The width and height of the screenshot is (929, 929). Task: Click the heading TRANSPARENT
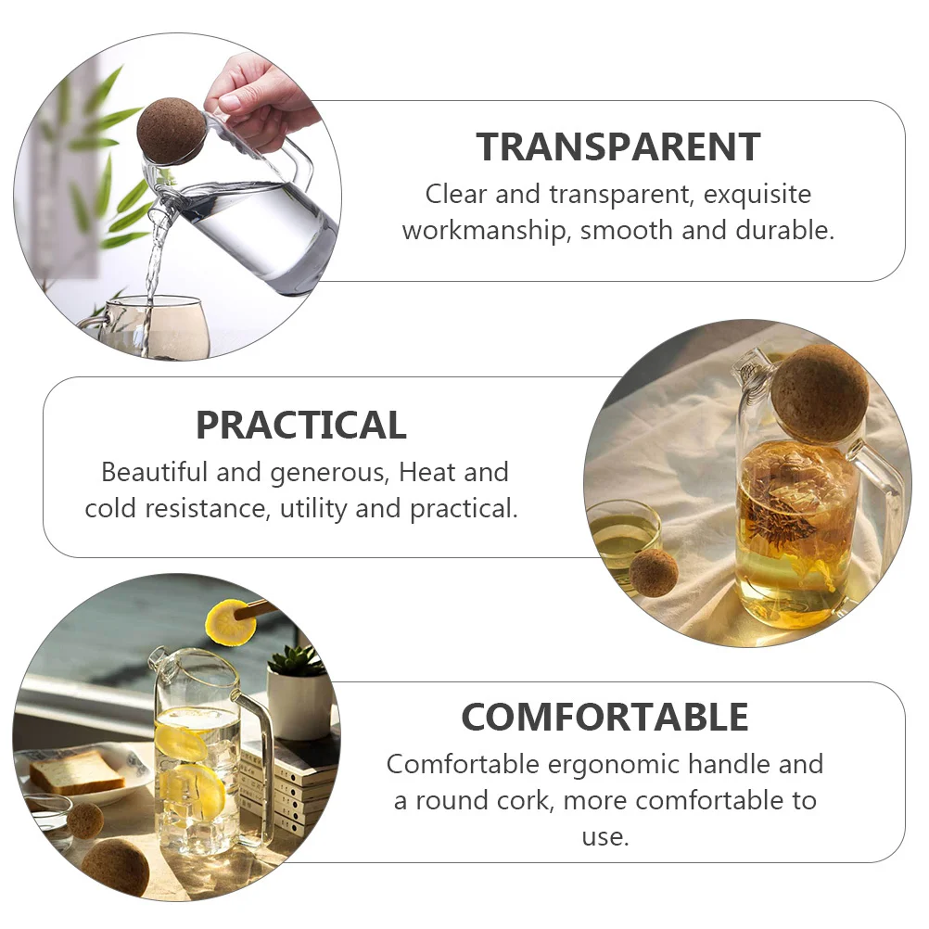click(618, 147)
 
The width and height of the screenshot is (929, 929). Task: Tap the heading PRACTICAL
click(300, 425)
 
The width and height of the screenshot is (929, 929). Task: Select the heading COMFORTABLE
click(604, 717)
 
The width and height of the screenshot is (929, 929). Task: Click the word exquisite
click(757, 195)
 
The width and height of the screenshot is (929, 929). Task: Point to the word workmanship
click(484, 231)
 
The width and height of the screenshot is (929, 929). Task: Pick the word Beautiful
click(154, 472)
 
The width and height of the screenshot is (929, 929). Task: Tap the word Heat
click(428, 472)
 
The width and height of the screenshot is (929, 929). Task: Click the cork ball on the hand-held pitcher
click(171, 131)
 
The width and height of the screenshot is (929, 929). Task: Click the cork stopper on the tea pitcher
click(819, 392)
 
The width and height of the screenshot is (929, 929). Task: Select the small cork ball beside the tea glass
click(653, 572)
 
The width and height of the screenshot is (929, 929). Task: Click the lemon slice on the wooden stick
click(230, 622)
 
